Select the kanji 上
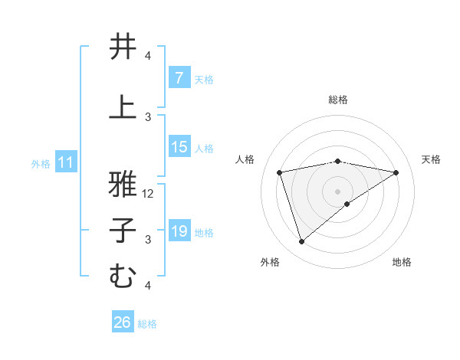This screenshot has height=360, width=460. (x=123, y=106)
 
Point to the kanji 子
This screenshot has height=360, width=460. (x=123, y=231)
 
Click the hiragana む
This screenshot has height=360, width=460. (x=123, y=275)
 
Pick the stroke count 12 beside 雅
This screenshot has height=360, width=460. (x=149, y=194)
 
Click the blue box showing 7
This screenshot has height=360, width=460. (x=179, y=78)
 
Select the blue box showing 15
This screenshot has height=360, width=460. (x=179, y=148)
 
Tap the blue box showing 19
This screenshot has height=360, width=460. (x=179, y=231)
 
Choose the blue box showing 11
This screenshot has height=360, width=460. (x=66, y=162)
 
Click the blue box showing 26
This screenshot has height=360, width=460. (x=123, y=322)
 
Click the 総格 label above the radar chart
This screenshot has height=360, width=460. (x=337, y=100)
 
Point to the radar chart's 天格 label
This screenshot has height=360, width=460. (x=431, y=159)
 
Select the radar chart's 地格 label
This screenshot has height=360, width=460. (x=402, y=262)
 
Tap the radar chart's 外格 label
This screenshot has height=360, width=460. (x=270, y=262)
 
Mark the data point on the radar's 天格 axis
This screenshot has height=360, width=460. (x=396, y=172)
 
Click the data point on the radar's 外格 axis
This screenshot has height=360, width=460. (x=301, y=242)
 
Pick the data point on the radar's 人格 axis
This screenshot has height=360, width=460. (x=280, y=172)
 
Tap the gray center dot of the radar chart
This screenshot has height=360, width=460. (x=337, y=191)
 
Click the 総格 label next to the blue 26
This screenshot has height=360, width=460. (x=147, y=323)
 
